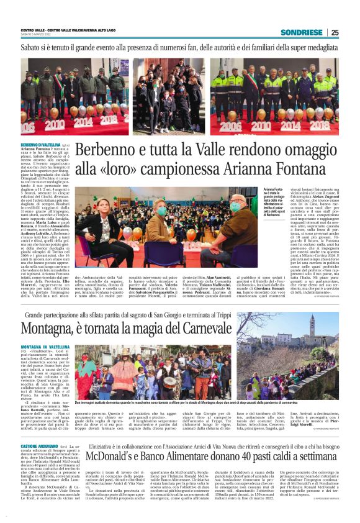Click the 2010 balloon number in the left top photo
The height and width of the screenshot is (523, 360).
[x=54, y=122]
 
